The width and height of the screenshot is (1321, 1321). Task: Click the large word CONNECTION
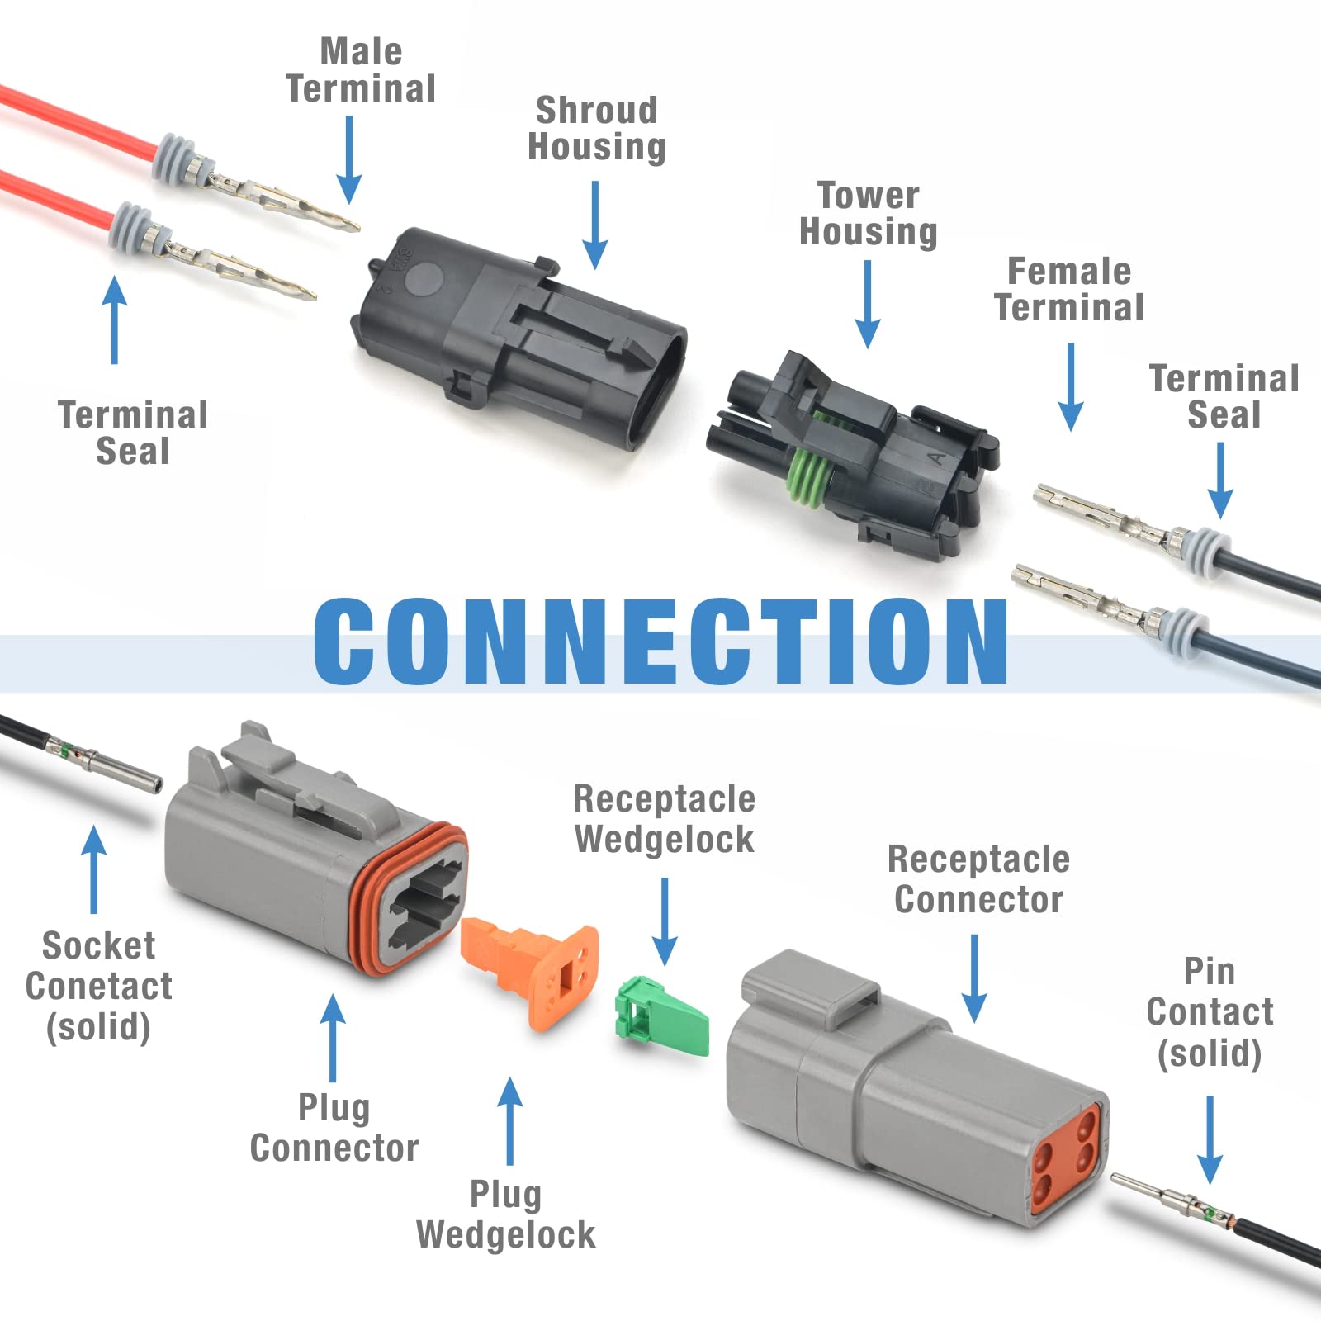tap(660, 642)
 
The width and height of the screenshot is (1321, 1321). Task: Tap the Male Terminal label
tap(361, 70)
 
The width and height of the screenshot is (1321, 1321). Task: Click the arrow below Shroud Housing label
tap(594, 225)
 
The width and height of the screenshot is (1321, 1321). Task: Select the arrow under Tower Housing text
tap(868, 304)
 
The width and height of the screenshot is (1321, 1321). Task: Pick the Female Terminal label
tap(1069, 289)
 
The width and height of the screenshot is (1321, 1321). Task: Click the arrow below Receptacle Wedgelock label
tap(665, 921)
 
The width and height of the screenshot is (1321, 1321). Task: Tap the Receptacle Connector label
tap(978, 879)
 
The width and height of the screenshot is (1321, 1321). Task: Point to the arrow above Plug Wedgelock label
tap(510, 1120)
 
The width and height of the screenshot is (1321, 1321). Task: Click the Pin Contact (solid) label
tap(1210, 1013)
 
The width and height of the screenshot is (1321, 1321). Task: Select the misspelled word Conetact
tap(99, 986)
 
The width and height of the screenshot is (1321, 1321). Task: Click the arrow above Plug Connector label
tap(333, 1037)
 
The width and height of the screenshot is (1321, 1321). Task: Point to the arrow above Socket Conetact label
tap(94, 869)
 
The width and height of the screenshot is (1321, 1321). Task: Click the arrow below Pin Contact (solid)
tap(1210, 1140)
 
